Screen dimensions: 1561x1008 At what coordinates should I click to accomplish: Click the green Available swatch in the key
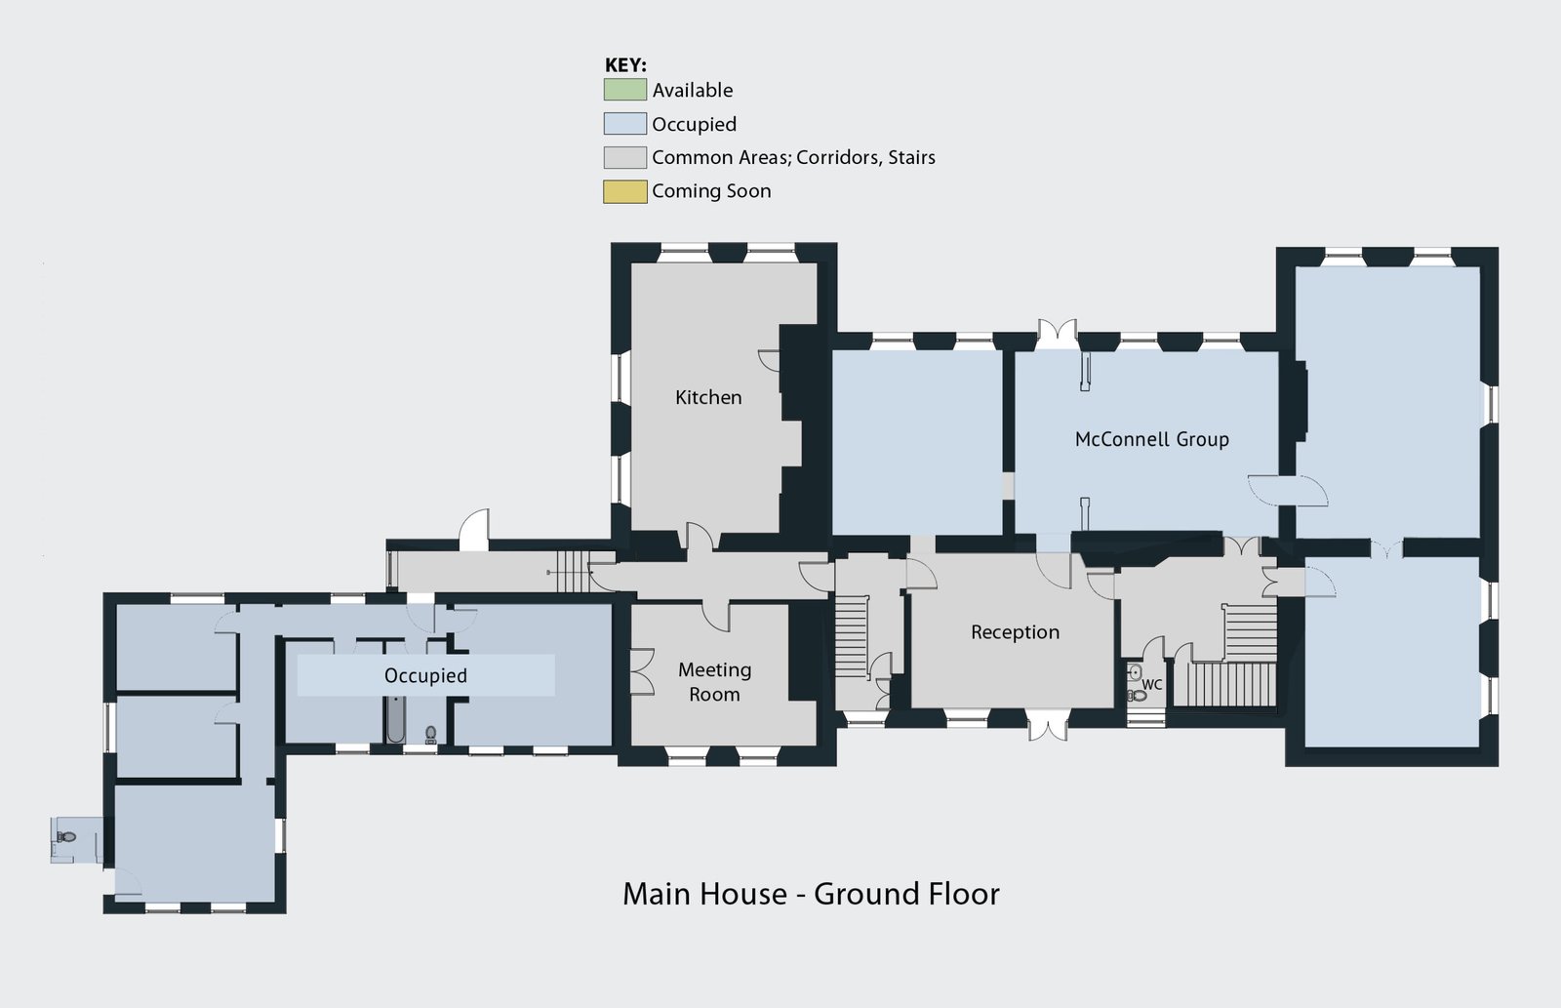(x=624, y=90)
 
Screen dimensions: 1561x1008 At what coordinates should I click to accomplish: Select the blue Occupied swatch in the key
(x=624, y=123)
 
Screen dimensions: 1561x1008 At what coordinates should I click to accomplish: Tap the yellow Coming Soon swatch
(x=624, y=191)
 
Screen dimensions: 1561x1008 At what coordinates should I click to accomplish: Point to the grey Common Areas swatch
(x=624, y=157)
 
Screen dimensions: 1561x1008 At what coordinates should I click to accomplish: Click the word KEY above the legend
(x=625, y=65)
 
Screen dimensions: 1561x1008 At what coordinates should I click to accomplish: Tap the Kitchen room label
(x=708, y=397)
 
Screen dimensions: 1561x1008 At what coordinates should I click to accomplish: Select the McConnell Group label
(x=1152, y=439)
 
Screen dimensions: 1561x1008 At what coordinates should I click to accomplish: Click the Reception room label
(x=1015, y=632)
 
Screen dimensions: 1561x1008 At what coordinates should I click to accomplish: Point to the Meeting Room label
(x=714, y=682)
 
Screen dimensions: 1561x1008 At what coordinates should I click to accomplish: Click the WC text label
(x=1152, y=685)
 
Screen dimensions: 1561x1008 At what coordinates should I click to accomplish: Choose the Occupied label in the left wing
(x=425, y=675)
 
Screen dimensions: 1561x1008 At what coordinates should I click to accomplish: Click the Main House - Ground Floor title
(x=811, y=894)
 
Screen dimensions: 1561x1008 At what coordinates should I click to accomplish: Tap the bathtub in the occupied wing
(x=395, y=719)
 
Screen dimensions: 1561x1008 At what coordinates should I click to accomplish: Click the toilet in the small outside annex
(x=66, y=836)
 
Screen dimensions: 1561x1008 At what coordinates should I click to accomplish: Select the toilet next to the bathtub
(x=430, y=734)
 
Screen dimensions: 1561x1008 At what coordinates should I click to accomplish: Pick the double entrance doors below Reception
(x=1048, y=725)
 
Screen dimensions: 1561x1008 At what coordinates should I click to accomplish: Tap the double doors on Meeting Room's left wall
(x=642, y=672)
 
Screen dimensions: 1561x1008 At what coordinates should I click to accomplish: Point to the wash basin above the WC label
(x=1135, y=672)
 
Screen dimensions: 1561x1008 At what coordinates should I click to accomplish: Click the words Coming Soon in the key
(x=711, y=191)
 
